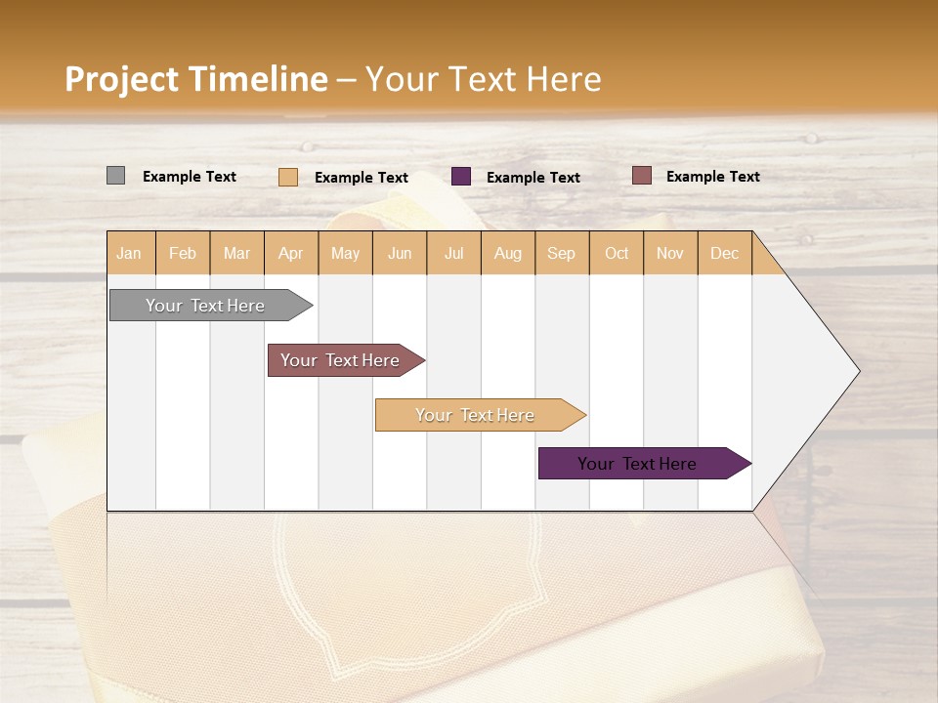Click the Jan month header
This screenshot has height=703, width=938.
pos(130,253)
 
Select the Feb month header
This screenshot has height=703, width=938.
pos(183,253)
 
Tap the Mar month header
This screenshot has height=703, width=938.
pos(236,253)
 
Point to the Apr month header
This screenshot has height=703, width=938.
pos(291,253)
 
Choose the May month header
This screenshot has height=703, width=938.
pos(345,253)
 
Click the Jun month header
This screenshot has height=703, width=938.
pos(400,253)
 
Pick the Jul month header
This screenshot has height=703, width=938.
pos(453,253)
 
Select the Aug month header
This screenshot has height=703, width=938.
pos(508,253)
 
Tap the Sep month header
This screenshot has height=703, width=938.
pos(562,253)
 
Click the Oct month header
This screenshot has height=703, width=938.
pos(617,253)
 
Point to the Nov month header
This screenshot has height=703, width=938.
pos(670,253)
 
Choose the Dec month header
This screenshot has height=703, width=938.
pos(725,253)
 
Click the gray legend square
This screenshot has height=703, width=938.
pos(115,176)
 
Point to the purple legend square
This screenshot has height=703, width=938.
pos(461,177)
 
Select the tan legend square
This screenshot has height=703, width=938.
pos(288,177)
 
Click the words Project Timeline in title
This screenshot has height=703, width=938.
pos(196,79)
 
